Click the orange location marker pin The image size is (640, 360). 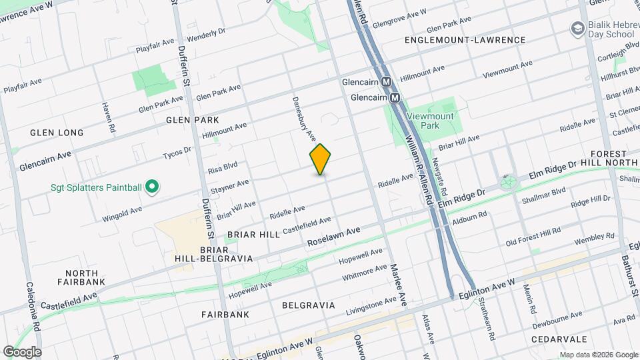pyautogui.click(x=321, y=159)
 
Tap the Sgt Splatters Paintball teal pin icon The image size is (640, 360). pyautogui.click(x=151, y=187)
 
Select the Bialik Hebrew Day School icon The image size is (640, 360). pyautogui.click(x=577, y=29)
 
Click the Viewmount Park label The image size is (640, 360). pyautogui.click(x=435, y=120)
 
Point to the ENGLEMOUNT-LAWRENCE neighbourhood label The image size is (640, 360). pyautogui.click(x=465, y=40)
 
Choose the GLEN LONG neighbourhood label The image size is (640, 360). pyautogui.click(x=57, y=133)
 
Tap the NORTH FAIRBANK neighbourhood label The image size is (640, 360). pyautogui.click(x=82, y=277)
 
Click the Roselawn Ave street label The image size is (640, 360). pyautogui.click(x=333, y=237)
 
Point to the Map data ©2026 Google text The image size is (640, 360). pyautogui.click(x=598, y=355)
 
